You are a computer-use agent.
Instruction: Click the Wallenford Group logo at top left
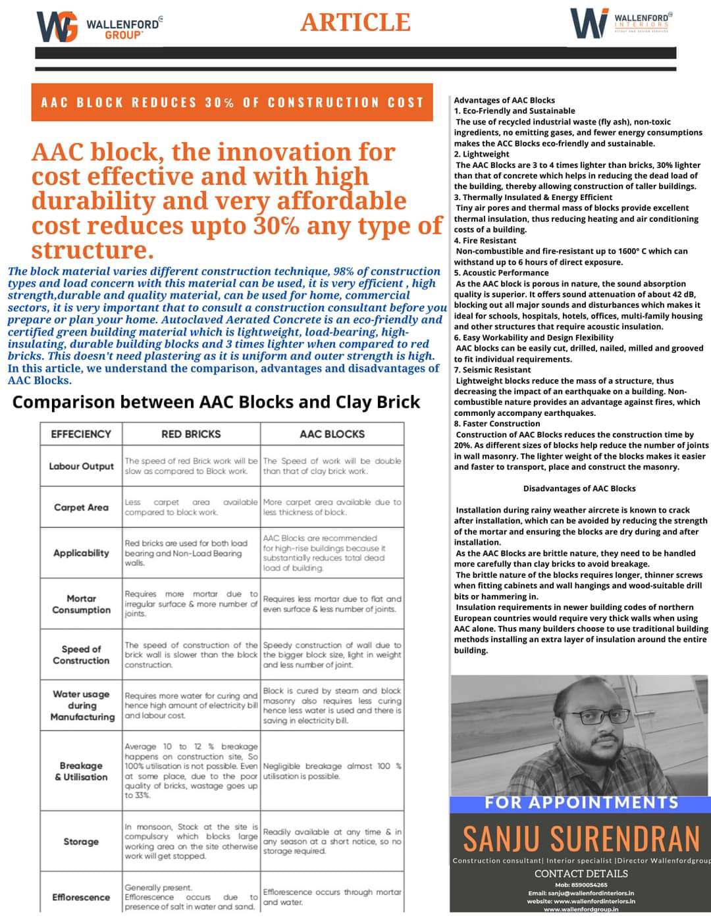[x=99, y=27]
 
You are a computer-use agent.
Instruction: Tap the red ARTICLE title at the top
[x=355, y=22]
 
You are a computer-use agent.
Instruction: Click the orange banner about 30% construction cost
[x=232, y=103]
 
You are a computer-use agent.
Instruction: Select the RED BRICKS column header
[x=191, y=434]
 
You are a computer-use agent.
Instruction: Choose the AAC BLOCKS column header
[x=332, y=434]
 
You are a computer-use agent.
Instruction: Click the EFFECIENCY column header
[x=81, y=434]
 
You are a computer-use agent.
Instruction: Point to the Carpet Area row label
[x=81, y=507]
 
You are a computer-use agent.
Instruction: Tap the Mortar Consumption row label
[x=81, y=604]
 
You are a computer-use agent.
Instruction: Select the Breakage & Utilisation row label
[x=81, y=771]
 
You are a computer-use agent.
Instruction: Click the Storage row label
[x=81, y=842]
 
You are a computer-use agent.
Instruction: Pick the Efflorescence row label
[x=81, y=897]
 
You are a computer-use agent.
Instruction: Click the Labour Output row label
[x=81, y=467]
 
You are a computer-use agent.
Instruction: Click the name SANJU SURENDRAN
[x=581, y=838]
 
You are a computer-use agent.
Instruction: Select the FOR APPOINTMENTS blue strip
[x=581, y=803]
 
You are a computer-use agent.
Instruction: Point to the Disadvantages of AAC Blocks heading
[x=579, y=488]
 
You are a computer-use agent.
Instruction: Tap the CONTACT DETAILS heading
[x=581, y=874]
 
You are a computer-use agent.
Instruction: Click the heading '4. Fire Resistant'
[x=485, y=240]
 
